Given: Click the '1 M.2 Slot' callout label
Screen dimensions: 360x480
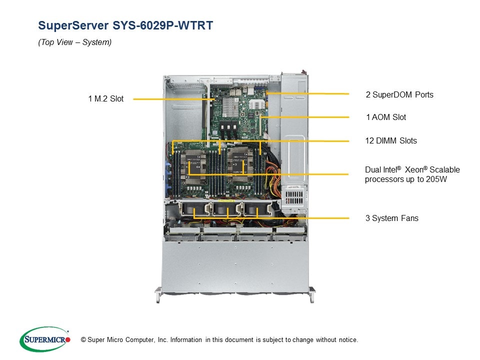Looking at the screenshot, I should (x=105, y=99).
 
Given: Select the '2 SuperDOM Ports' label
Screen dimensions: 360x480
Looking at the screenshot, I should (x=399, y=94).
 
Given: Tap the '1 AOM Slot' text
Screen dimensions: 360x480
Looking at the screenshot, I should (x=386, y=117).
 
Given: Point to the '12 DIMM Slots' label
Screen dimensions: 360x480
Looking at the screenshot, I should (x=391, y=141).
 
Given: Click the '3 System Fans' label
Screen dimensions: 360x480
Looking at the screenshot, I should (x=391, y=218).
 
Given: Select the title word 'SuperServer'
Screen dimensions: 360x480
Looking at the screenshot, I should (x=69, y=25).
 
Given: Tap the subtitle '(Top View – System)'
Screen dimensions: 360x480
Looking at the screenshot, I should (x=75, y=42).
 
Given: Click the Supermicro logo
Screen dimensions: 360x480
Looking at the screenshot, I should (x=44, y=339).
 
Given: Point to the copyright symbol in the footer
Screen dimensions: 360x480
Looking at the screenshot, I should (x=76, y=340).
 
